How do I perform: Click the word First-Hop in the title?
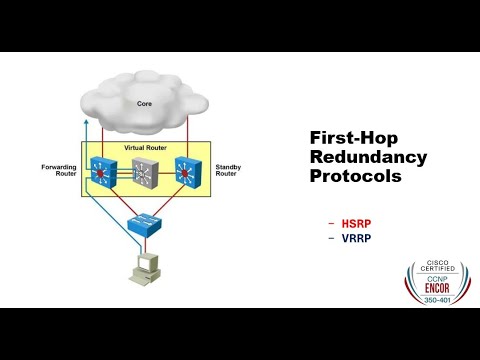pyautogui.click(x=337, y=139)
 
